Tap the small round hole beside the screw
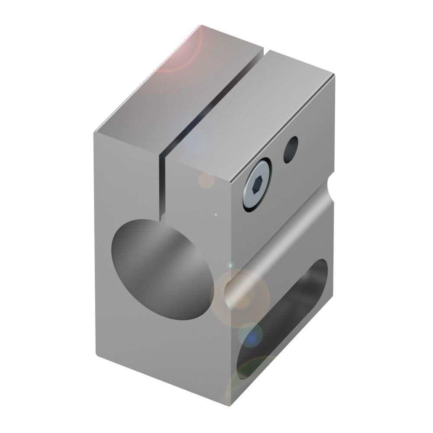pyautogui.click(x=291, y=149)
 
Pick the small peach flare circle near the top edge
pyautogui.click(x=207, y=180)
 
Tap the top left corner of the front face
pyautogui.click(x=94, y=132)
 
